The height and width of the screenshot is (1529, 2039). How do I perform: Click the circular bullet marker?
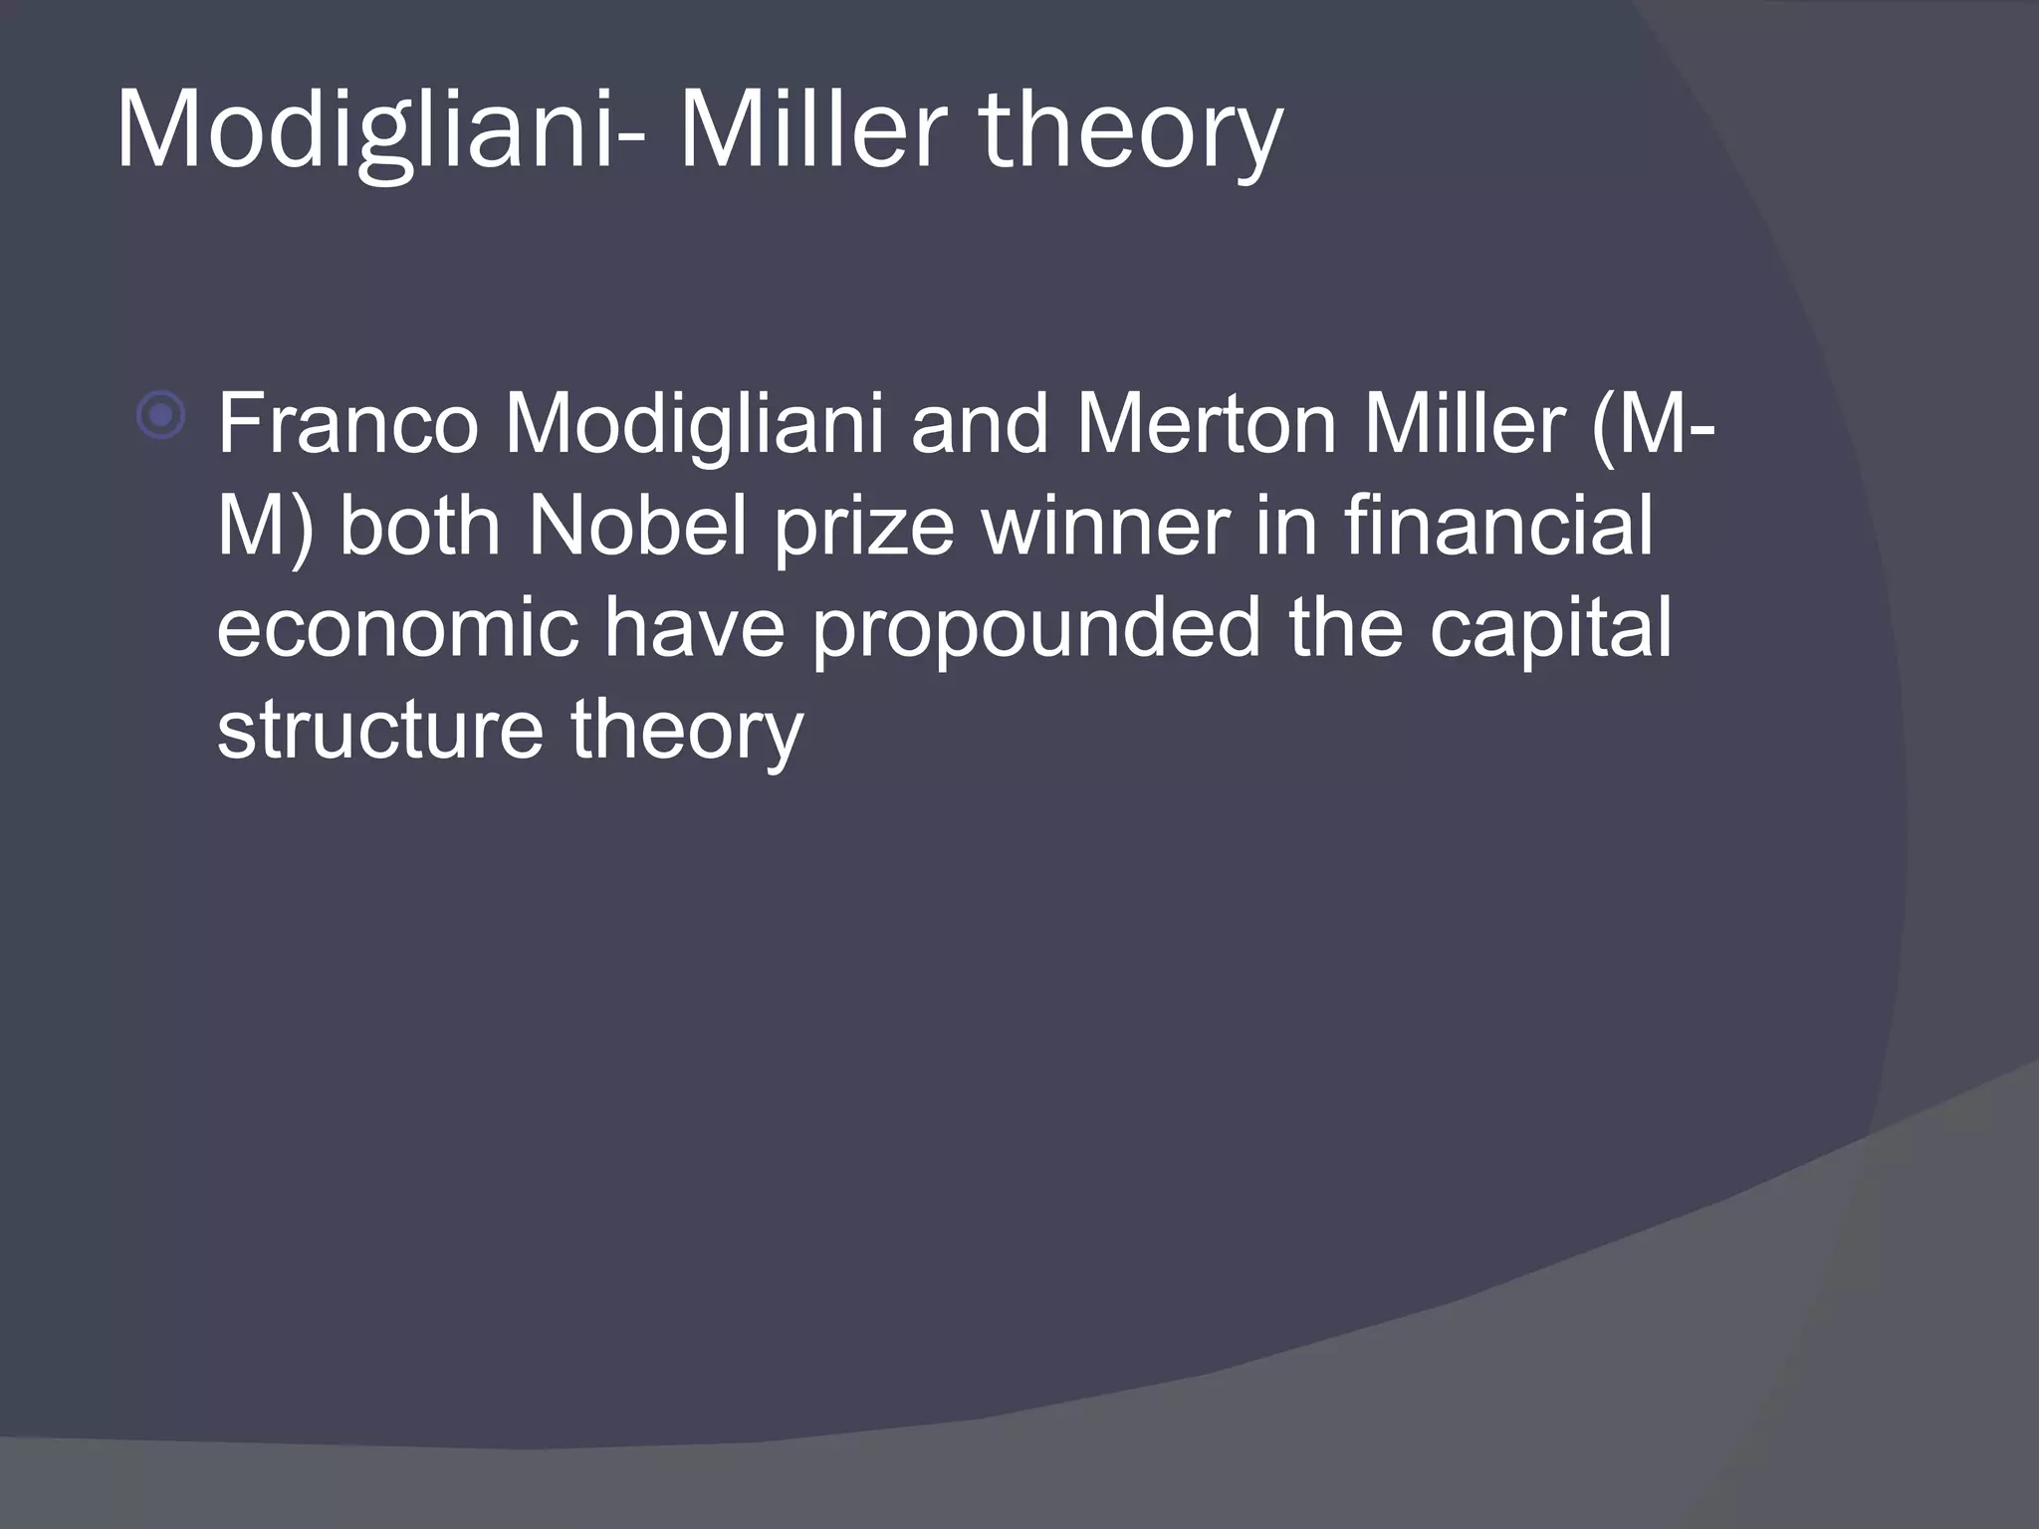click(x=160, y=415)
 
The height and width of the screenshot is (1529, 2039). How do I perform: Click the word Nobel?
click(x=637, y=527)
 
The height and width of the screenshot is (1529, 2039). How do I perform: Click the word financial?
click(x=1498, y=527)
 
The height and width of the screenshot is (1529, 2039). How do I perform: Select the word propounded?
click(x=1036, y=633)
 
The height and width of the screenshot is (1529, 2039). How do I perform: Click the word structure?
click(x=379, y=732)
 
